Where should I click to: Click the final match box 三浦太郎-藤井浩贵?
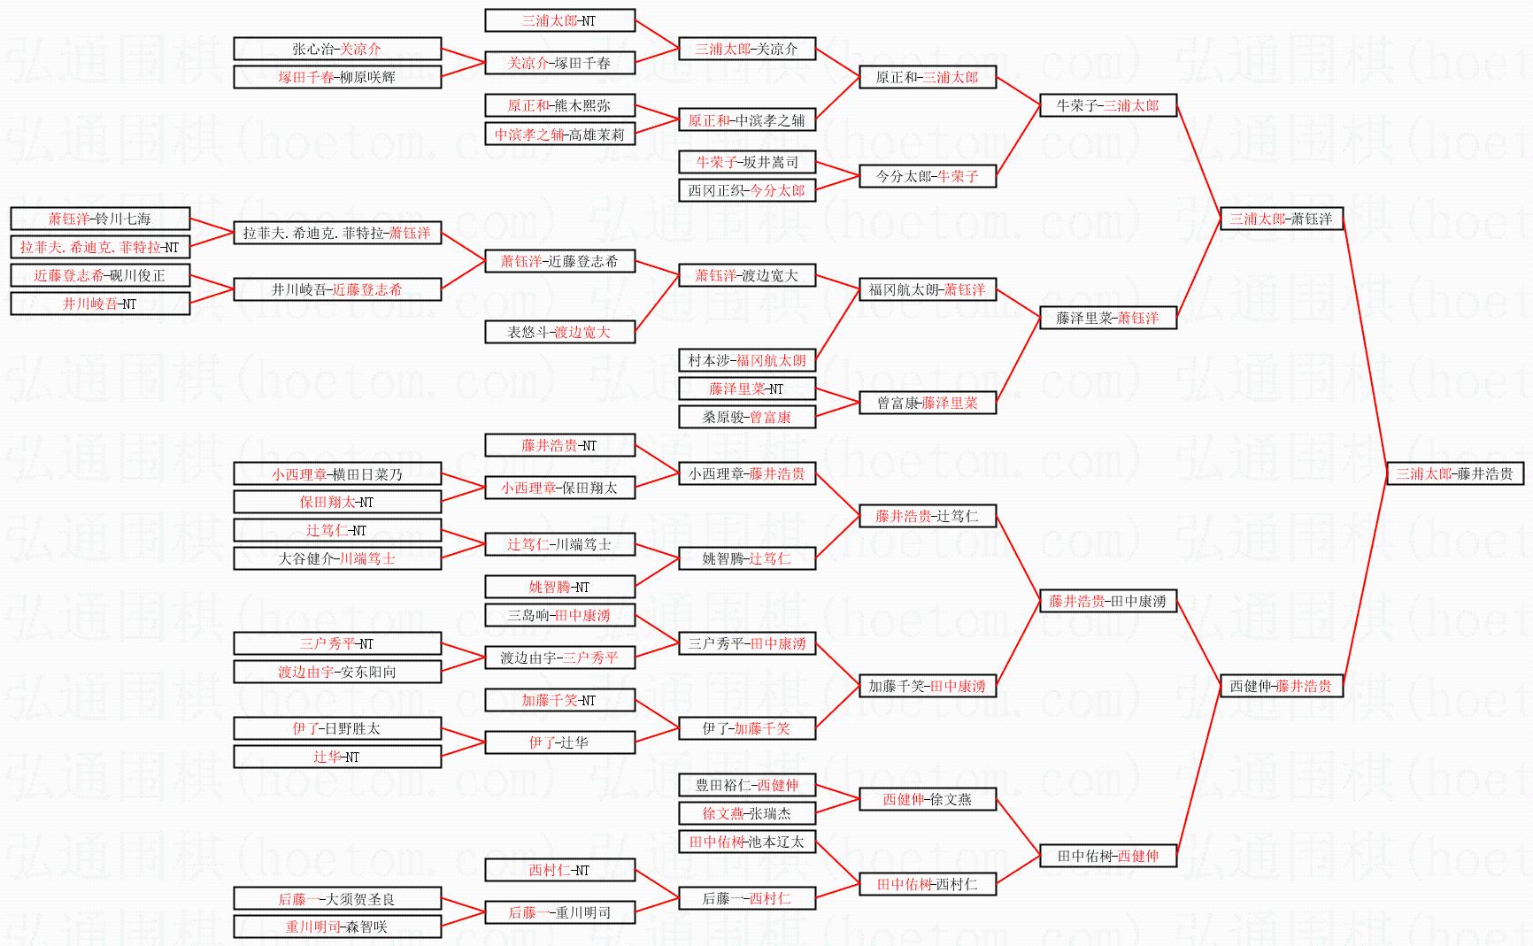click(x=1454, y=473)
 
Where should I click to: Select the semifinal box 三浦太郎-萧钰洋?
click(x=1280, y=219)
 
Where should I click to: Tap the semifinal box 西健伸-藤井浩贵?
click(x=1280, y=686)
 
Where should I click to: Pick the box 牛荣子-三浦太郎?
click(x=1107, y=105)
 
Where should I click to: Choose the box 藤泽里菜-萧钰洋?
click(x=1107, y=318)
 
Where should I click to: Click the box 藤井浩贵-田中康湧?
click(x=1107, y=601)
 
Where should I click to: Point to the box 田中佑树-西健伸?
click(x=1107, y=856)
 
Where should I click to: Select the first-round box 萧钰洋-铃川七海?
click(x=100, y=219)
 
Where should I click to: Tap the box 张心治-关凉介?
click(x=336, y=49)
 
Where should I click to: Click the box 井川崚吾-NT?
click(x=100, y=304)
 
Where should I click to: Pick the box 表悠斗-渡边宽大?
click(x=559, y=332)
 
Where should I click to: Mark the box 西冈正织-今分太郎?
click(x=746, y=190)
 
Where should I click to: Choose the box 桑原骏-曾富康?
click(x=746, y=417)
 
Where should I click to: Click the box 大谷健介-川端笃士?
click(x=336, y=558)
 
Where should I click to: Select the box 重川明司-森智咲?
click(x=336, y=927)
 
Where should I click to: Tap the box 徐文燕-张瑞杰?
click(x=746, y=813)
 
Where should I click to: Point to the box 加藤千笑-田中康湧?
click(x=927, y=686)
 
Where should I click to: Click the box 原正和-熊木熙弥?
click(x=559, y=105)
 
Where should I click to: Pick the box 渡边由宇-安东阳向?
click(x=336, y=672)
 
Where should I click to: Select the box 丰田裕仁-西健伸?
click(x=746, y=785)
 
